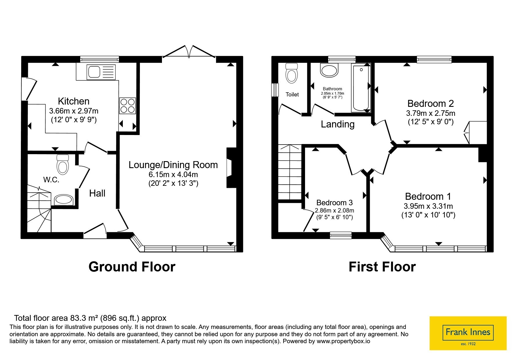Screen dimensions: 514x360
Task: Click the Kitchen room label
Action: point(74,101)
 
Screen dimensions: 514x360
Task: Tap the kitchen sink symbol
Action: point(102,72)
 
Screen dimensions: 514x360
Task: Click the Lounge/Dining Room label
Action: point(173,165)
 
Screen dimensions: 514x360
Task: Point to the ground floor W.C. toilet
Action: point(63,164)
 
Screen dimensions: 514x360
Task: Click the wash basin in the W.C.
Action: point(64,200)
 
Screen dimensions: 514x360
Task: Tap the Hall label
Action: point(97,193)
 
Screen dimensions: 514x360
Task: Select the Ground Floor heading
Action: point(132,267)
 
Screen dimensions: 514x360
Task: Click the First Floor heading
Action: point(382,267)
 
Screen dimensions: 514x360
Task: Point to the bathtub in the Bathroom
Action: point(361,87)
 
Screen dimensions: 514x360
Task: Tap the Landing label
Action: point(338,125)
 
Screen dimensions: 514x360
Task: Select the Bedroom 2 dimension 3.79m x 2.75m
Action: point(430,113)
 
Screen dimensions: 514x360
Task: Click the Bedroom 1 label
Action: point(428,197)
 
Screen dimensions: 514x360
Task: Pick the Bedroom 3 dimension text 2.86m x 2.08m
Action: point(335,210)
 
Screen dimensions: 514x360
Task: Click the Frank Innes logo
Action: point(468,333)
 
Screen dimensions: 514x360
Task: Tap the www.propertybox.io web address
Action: point(343,341)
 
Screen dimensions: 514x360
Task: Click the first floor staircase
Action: point(289,172)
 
